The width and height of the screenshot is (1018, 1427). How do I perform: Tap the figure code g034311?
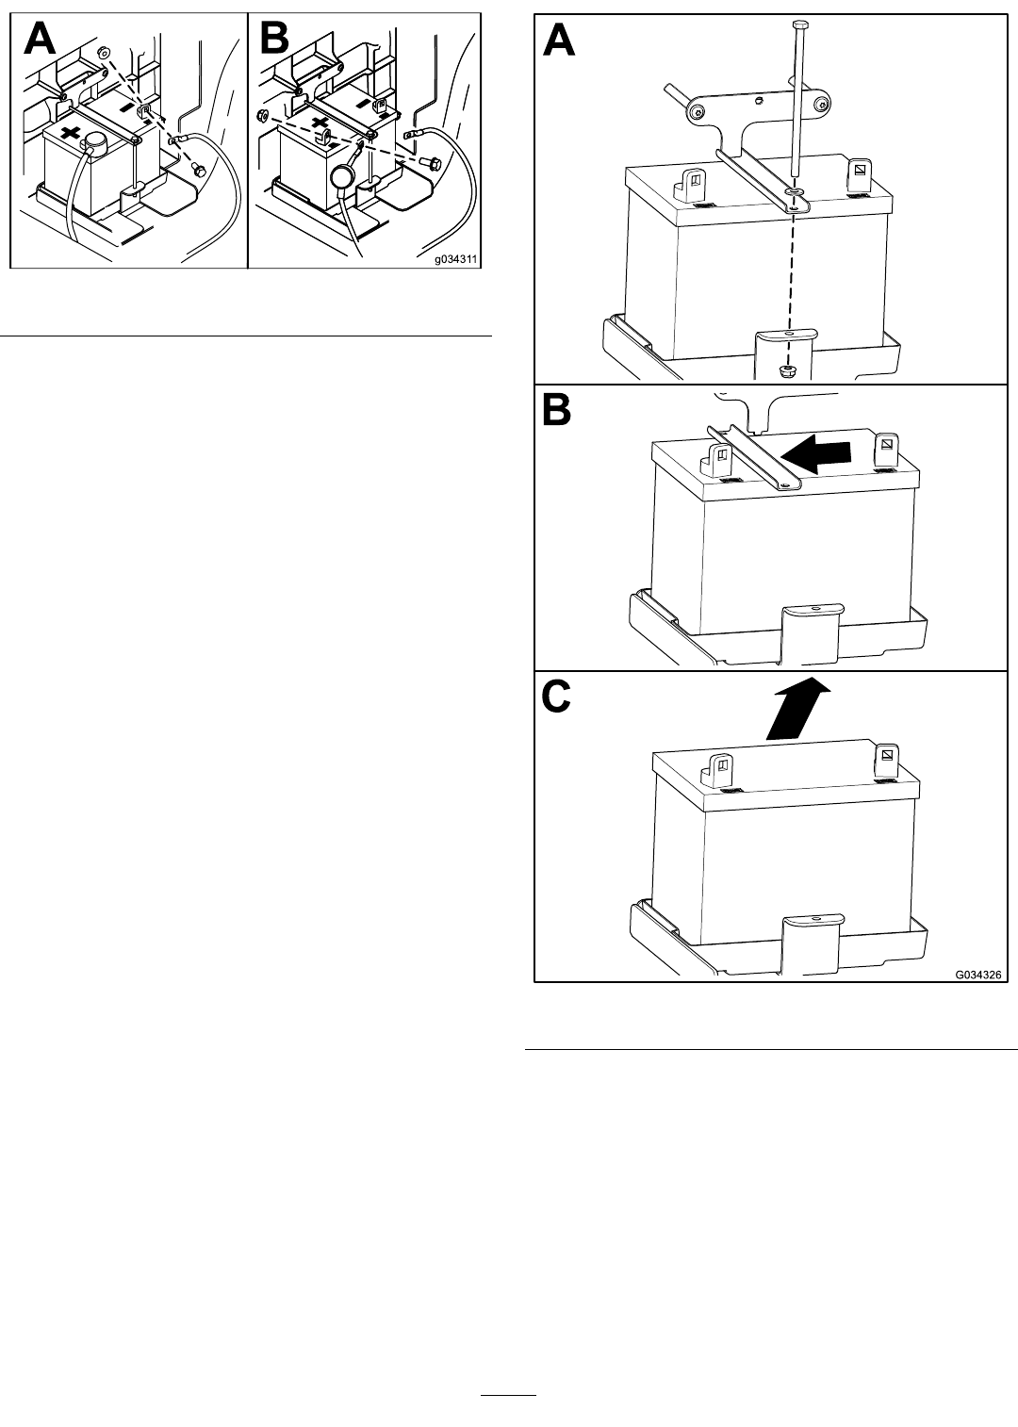(x=455, y=260)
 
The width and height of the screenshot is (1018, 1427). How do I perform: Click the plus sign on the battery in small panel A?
(x=71, y=135)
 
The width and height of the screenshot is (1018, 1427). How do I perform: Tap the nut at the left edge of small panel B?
(x=260, y=115)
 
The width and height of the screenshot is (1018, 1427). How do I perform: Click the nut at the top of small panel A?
(x=103, y=50)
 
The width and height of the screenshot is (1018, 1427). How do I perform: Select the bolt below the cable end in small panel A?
(x=198, y=169)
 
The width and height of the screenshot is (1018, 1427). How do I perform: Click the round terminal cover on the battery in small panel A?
(x=95, y=141)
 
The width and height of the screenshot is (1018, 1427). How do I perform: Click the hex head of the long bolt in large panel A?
(x=799, y=25)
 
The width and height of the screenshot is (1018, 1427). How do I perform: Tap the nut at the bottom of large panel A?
(x=787, y=370)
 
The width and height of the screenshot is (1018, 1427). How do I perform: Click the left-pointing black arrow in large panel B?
(x=815, y=453)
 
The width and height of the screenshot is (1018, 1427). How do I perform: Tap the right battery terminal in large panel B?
(x=885, y=451)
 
